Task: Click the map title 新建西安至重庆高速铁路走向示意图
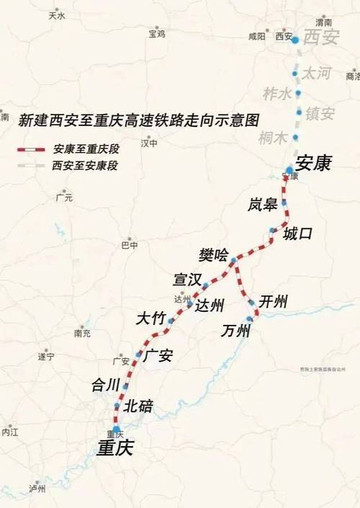coord(138,120)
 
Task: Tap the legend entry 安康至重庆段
coord(84,150)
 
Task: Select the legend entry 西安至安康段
coord(84,166)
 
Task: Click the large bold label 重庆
coord(115,447)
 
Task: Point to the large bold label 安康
coord(312,164)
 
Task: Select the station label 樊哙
coord(213,255)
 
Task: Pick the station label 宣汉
coord(187,279)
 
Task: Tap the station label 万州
coord(236,331)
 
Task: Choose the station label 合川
coord(104,385)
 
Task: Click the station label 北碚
coord(138,406)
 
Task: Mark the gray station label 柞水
coord(277,94)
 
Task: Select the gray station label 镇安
coord(320,113)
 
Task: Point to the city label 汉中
coord(149,143)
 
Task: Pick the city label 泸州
coord(37,489)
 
